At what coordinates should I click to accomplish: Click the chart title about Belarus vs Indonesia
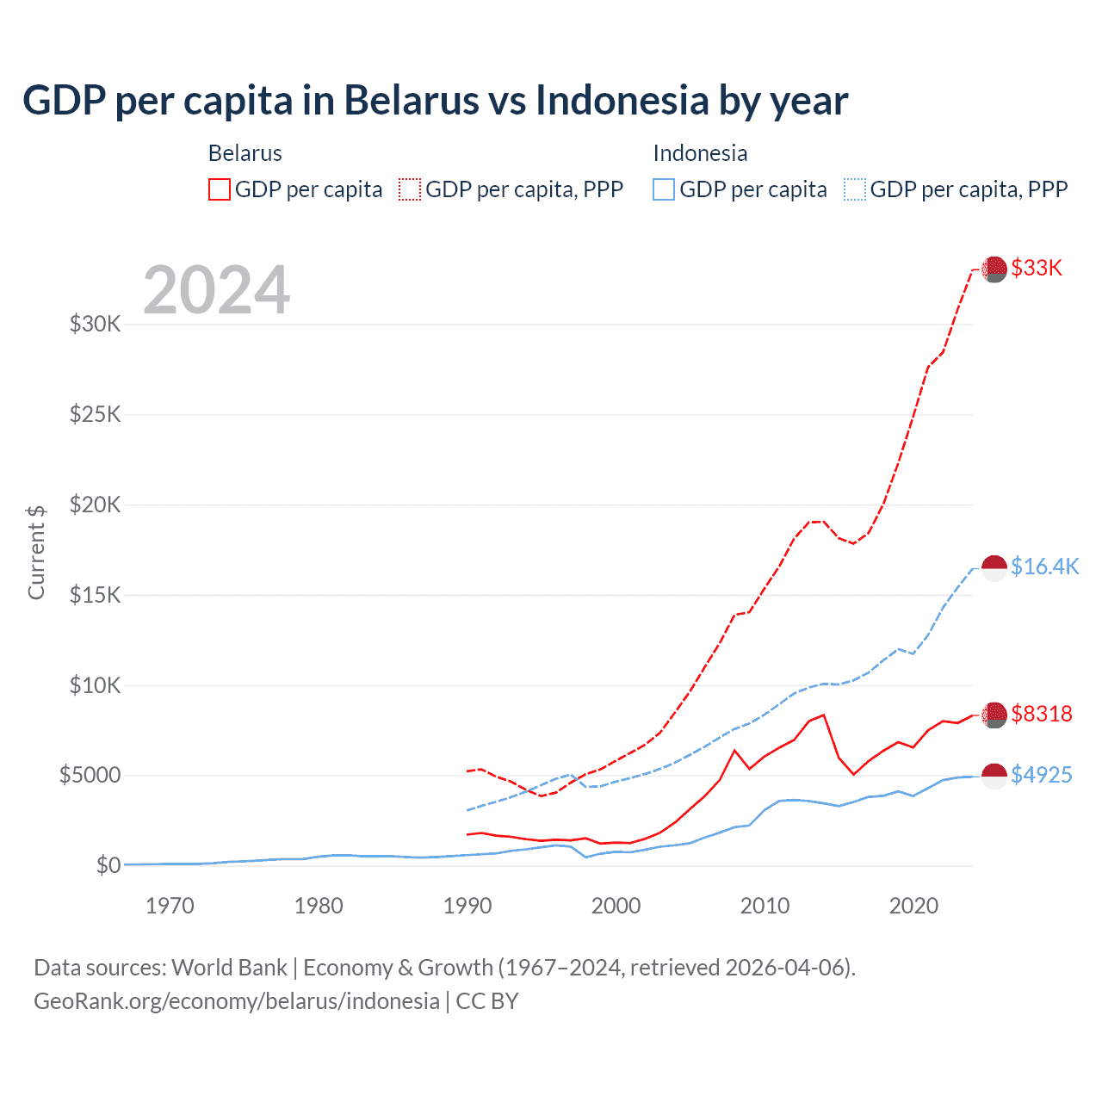point(435,101)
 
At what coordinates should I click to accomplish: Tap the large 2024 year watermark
point(216,290)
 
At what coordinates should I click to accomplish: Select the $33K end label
point(1037,268)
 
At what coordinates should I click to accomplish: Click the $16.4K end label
point(1044,566)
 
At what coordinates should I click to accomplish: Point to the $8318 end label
point(1041,714)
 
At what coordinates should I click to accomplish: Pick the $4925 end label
point(1041,775)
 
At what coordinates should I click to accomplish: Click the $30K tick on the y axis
point(95,325)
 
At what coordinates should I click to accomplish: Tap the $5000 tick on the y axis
point(90,775)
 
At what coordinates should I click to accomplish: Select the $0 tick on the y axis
point(108,865)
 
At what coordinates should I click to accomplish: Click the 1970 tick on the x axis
point(170,906)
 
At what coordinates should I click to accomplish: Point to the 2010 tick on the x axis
point(765,906)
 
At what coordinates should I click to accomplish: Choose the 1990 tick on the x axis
point(467,906)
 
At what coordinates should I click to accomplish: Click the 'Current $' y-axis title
point(36,553)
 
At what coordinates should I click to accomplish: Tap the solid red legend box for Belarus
point(220,189)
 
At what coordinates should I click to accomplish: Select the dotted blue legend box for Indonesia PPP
point(855,189)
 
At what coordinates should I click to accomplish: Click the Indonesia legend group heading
point(700,153)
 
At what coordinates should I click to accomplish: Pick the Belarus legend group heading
point(245,153)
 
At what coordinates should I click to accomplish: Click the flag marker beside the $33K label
point(994,269)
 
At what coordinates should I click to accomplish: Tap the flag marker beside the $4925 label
point(994,776)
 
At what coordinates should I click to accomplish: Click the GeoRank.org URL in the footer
point(237,1001)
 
